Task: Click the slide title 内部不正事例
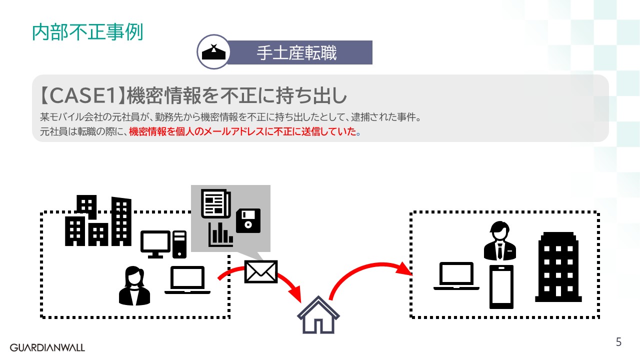pyautogui.click(x=87, y=32)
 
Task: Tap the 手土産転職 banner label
pyautogui.click(x=297, y=53)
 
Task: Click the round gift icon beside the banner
pyautogui.click(x=213, y=52)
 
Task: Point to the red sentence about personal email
pyautogui.click(x=244, y=132)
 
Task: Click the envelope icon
pyautogui.click(x=260, y=271)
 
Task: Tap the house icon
pyautogui.click(x=318, y=314)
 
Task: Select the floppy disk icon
pyautogui.click(x=248, y=220)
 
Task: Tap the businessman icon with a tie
pyautogui.click(x=499, y=240)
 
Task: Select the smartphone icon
pyautogui.click(x=501, y=286)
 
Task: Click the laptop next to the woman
pyautogui.click(x=187, y=280)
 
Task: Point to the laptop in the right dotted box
pyautogui.click(x=456, y=276)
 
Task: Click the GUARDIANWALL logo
pyautogui.click(x=47, y=347)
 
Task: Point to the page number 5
pyautogui.click(x=618, y=342)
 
